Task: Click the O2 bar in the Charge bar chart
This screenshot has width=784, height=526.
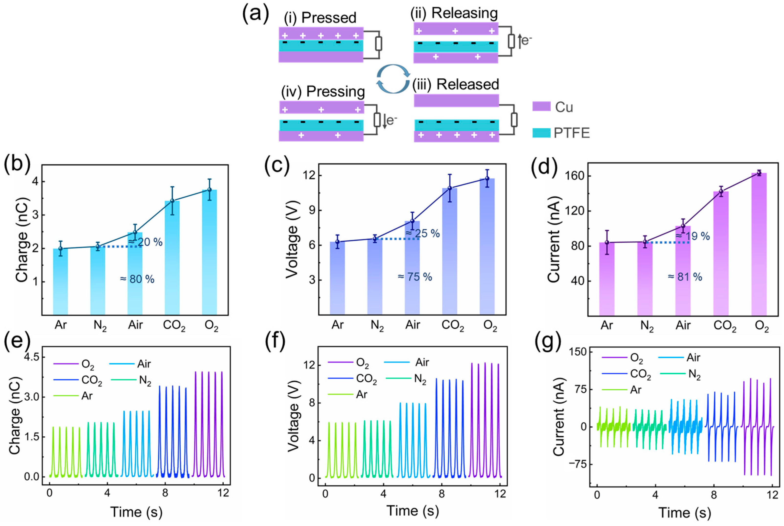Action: tap(209, 252)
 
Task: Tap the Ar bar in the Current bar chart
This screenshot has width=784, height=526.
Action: tap(607, 279)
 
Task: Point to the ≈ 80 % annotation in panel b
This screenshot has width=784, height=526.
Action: tap(137, 279)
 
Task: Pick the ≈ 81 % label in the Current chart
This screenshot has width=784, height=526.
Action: tap(685, 277)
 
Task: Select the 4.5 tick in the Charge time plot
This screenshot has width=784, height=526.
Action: tap(32, 357)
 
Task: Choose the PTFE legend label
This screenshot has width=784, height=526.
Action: tap(572, 133)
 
